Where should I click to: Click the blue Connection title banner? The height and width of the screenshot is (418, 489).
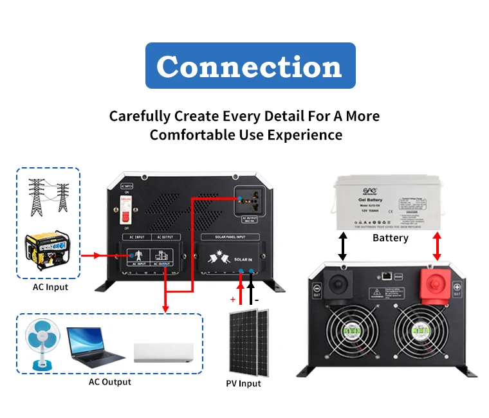pyautogui.click(x=250, y=66)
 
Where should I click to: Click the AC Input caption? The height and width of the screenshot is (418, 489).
pyautogui.click(x=50, y=287)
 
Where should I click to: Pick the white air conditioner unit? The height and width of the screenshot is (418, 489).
pyautogui.click(x=163, y=353)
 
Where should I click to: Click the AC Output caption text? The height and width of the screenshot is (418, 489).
pyautogui.click(x=109, y=382)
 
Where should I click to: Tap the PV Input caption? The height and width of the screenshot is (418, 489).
pyautogui.click(x=243, y=384)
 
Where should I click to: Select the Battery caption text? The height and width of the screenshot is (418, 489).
pyautogui.click(x=391, y=238)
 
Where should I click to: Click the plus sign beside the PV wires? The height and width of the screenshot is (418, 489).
pyautogui.click(x=232, y=299)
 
